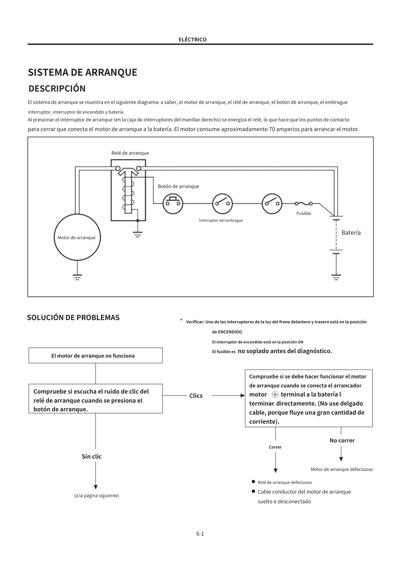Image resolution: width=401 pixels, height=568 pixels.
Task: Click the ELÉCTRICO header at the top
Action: pos(192,39)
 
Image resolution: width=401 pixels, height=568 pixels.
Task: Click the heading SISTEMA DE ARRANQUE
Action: pos(82,72)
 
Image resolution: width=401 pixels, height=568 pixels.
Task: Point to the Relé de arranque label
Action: pos(130,153)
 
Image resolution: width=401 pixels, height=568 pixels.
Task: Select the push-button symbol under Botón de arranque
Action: pos(173,204)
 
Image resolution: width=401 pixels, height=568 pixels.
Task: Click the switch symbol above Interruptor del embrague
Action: pos(222,204)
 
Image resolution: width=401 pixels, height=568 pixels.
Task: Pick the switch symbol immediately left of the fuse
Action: pos(272,204)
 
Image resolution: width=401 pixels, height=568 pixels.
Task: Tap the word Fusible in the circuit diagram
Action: pos(304,213)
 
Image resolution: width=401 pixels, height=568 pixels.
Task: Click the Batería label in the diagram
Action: pos(351,233)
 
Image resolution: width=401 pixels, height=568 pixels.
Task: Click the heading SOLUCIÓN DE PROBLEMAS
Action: pos(73,317)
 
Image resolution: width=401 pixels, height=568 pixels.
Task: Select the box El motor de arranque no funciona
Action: pos(95,355)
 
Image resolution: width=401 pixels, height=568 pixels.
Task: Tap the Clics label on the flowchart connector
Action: pos(196,395)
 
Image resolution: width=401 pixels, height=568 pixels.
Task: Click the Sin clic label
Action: pos(92,456)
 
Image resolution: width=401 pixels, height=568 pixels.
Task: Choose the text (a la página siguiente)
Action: pos(97,496)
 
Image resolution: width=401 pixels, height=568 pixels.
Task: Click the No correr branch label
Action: pos(342,440)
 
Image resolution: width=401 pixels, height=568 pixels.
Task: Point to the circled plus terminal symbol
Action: pos(275,395)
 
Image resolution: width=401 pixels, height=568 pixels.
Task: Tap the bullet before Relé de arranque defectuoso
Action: pos(254,482)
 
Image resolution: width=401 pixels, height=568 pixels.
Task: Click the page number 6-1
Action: pos(200,534)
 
